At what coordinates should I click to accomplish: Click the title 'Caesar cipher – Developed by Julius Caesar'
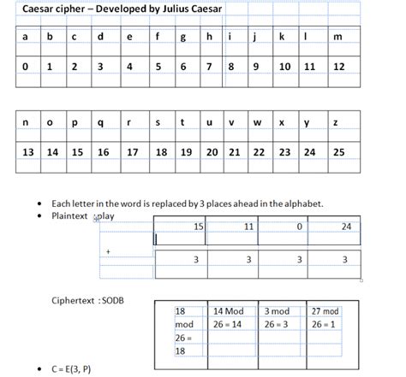tap(122, 9)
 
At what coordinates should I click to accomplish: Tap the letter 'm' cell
tap(338, 37)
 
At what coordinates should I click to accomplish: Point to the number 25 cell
tap(339, 152)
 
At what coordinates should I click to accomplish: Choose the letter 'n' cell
tap(27, 123)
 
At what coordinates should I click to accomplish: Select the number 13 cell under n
tap(28, 152)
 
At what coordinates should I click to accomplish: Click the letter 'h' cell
tap(209, 37)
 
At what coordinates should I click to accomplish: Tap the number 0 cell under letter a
tap(26, 66)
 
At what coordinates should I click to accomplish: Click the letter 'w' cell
tap(257, 123)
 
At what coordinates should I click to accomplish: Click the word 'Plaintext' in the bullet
tap(71, 216)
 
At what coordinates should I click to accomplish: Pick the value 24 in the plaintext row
tap(346, 227)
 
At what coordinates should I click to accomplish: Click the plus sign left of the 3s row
tap(108, 252)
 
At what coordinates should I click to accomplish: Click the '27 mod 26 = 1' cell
tap(325, 318)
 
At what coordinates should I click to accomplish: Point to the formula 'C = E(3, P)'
tap(71, 369)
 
